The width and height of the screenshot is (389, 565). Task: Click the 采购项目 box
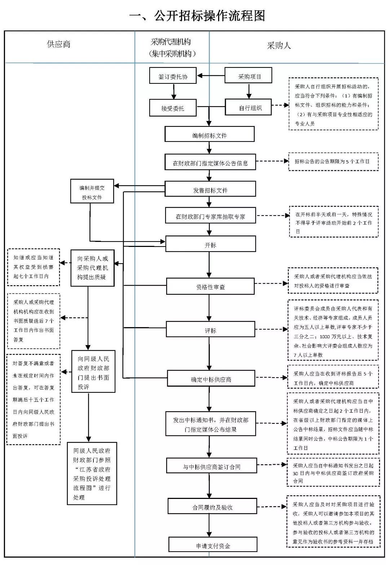[x=248, y=76]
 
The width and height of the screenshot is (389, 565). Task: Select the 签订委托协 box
[x=173, y=76]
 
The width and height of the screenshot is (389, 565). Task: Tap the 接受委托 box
[x=173, y=108]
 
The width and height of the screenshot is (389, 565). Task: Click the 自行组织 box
[x=248, y=107]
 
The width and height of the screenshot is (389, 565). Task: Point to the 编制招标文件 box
[x=209, y=134]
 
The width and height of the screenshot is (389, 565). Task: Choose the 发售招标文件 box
[x=210, y=189]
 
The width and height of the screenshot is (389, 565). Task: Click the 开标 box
[x=210, y=244]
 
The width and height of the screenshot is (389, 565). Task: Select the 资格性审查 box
[x=210, y=286]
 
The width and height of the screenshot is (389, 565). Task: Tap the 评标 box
[x=210, y=329]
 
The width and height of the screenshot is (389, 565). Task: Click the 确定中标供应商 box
[x=211, y=379]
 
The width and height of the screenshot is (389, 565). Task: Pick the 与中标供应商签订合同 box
[x=211, y=466]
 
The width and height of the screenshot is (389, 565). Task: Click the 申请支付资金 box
[x=213, y=544]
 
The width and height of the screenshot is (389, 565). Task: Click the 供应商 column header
[x=59, y=44]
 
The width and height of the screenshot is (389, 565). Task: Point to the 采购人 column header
[x=279, y=45]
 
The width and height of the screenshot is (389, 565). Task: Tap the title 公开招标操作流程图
[x=198, y=16]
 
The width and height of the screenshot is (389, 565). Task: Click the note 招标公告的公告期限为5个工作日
[x=333, y=162]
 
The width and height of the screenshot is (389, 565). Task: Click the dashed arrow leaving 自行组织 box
[x=280, y=105]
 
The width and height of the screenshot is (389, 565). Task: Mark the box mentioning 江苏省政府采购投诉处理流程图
[x=92, y=473]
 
